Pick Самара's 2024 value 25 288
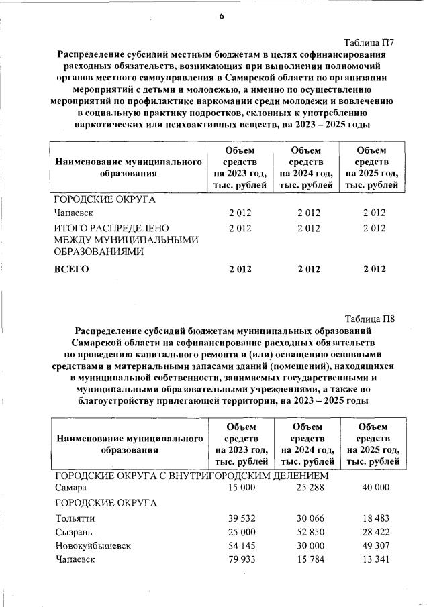310,488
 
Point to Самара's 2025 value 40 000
375,488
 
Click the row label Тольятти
75,518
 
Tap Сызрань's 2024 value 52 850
310,532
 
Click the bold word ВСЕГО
71,269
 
